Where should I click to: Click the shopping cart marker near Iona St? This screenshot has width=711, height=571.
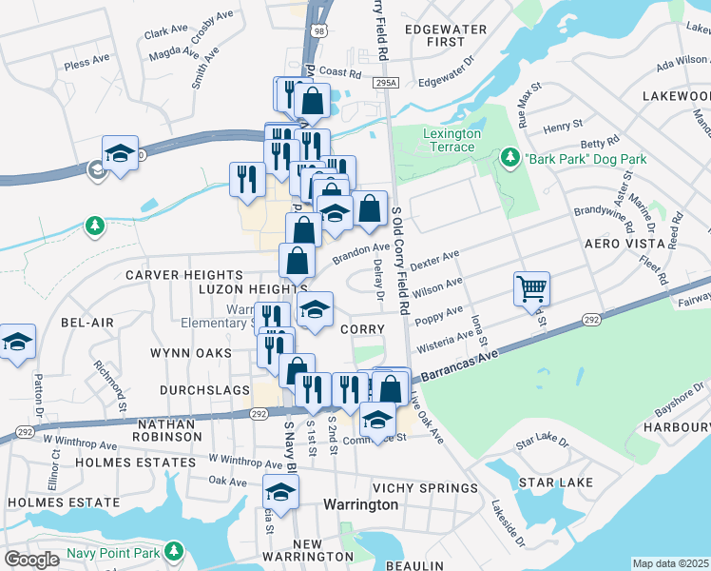[531, 287]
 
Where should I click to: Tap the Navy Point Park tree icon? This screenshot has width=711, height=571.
[173, 551]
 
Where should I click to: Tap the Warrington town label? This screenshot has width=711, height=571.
[360, 504]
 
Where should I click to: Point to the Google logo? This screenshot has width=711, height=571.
[31, 560]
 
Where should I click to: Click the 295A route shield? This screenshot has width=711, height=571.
[385, 84]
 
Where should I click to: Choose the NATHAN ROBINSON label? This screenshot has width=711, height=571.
[170, 430]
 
